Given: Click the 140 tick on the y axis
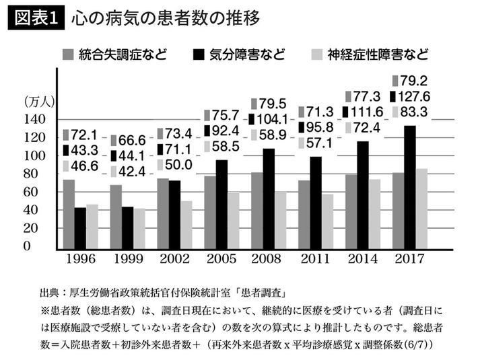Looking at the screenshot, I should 37,120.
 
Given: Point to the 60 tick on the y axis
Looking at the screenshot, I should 40,192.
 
